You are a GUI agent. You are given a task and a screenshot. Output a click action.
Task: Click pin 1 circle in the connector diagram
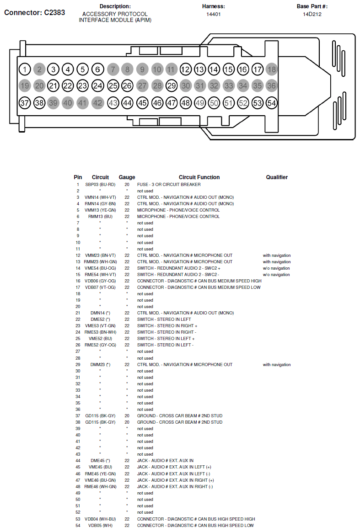pyautogui.click(x=25, y=69)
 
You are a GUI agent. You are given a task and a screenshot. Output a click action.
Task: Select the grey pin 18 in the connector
pyautogui.click(x=272, y=69)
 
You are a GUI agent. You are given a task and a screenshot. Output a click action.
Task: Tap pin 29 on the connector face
pyautogui.click(x=172, y=85)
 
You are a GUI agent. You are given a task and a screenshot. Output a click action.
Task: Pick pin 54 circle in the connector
pyautogui.click(x=272, y=103)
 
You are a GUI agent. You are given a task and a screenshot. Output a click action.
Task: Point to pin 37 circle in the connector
pyautogui.click(x=25, y=103)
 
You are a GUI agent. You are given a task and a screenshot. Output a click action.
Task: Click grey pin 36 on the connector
pyautogui.click(x=272, y=85)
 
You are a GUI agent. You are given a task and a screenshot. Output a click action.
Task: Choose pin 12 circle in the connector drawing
pyautogui.click(x=185, y=69)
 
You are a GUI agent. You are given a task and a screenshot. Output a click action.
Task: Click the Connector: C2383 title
pyautogui.click(x=35, y=13)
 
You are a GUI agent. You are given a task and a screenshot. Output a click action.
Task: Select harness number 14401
pyautogui.click(x=214, y=14)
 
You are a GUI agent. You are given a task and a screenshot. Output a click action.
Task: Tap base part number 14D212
pyautogui.click(x=312, y=14)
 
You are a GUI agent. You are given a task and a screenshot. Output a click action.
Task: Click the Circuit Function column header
pyautogui.click(x=199, y=177)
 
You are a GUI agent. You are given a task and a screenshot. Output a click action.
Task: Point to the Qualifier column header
pyautogui.click(x=277, y=177)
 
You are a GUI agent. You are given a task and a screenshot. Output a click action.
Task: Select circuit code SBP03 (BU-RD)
pyautogui.click(x=100, y=185)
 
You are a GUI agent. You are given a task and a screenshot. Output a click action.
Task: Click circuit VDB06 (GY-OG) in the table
pyautogui.click(x=100, y=281)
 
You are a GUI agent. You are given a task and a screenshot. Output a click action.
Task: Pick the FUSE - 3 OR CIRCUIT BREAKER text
pyautogui.click(x=169, y=185)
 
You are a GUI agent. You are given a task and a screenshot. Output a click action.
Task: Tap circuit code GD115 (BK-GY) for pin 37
pyautogui.click(x=100, y=416)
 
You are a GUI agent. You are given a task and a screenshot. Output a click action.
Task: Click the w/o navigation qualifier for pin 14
pyautogui.click(x=276, y=268)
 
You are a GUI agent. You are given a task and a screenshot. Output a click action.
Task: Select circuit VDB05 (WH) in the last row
pyautogui.click(x=100, y=526)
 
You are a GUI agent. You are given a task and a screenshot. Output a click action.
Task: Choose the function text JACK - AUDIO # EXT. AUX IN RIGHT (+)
pyautogui.click(x=175, y=480)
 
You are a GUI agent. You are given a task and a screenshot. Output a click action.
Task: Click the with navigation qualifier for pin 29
pyautogui.click(x=277, y=365)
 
